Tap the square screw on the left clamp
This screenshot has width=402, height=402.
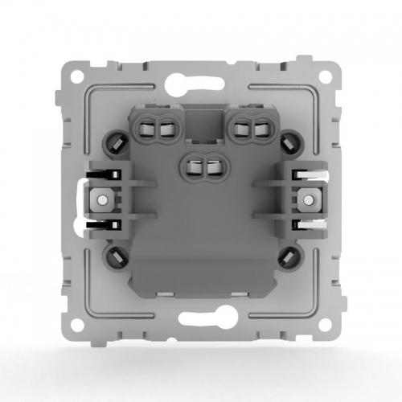pos(102,198)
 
